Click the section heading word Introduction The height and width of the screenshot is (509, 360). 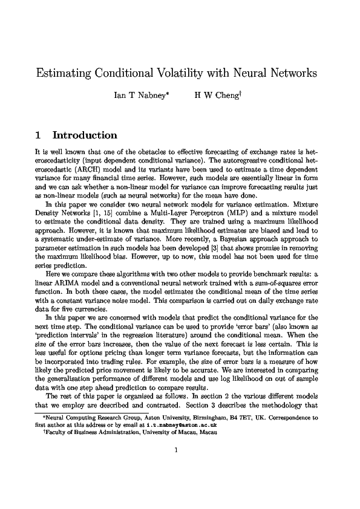pyautogui.click(x=85, y=135)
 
